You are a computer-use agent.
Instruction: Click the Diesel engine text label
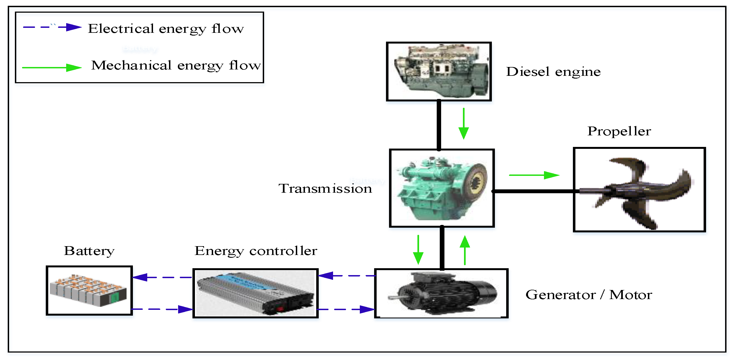(x=553, y=72)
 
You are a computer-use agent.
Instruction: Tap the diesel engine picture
(x=439, y=71)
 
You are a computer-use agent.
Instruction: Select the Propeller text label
(x=619, y=131)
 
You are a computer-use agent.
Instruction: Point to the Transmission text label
(x=325, y=189)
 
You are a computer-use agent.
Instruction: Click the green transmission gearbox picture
(x=442, y=188)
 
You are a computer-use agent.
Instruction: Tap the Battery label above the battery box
(x=89, y=251)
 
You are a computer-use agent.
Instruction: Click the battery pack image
(x=89, y=290)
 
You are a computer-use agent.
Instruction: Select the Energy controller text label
(x=256, y=251)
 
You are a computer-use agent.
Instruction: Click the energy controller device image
(x=256, y=293)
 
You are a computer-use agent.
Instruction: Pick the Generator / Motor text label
(x=589, y=295)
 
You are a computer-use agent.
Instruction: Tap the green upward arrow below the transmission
(x=465, y=250)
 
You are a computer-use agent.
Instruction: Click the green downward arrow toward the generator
(x=418, y=250)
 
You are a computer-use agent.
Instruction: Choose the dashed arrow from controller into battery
(x=162, y=277)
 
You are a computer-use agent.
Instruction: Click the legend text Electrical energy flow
(x=166, y=29)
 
